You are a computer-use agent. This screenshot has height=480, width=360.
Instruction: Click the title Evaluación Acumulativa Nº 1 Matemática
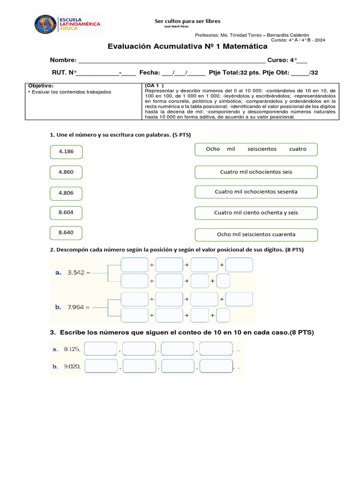coord(187,46)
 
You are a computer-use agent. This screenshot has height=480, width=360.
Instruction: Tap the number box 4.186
coord(66,152)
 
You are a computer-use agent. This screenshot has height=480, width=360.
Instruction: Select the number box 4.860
coord(66,172)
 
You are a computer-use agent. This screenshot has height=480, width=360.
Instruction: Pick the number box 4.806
coord(66,193)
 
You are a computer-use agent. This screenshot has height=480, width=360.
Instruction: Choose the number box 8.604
coord(66,212)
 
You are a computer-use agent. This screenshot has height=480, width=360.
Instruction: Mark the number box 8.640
coord(66,232)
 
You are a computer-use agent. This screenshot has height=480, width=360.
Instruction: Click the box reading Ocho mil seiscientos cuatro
coord(256,149)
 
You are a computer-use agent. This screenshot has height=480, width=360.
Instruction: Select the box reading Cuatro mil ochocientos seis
coord(256,172)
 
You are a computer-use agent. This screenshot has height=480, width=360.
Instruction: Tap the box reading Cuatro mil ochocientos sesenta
coord(256,192)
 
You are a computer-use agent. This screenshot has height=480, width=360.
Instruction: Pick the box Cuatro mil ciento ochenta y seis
coord(256,213)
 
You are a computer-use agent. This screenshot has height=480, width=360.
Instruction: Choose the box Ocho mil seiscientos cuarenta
coord(256,234)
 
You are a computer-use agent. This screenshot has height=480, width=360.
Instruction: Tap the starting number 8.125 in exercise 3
coord(72,349)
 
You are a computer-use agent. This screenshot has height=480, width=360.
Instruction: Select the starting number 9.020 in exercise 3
coord(72,367)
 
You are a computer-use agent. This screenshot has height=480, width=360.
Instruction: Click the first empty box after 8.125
coord(101,349)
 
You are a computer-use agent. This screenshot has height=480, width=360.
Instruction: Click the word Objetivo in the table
coord(41,86)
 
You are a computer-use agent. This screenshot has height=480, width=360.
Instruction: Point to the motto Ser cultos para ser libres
coord(187,21)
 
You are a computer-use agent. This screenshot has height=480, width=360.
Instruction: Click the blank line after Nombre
coord(171,60)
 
